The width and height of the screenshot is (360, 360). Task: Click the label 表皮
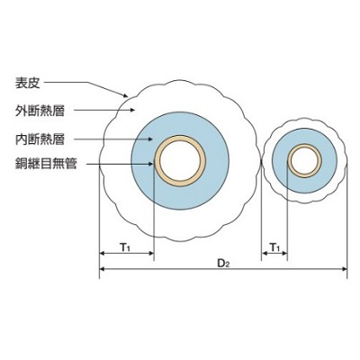click(x=28, y=83)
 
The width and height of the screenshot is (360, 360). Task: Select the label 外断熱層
click(x=40, y=111)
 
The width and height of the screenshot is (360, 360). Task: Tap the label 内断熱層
click(x=40, y=139)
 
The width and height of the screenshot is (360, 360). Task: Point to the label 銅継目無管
click(x=46, y=164)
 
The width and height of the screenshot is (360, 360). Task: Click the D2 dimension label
click(x=223, y=264)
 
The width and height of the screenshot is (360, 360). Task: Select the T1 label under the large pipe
click(x=125, y=247)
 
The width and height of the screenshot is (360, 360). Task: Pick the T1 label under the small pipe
click(x=274, y=247)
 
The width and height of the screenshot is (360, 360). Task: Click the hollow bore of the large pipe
click(x=180, y=161)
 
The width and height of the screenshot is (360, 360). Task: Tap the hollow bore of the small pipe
click(x=305, y=161)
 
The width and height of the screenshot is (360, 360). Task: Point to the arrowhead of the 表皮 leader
click(x=126, y=95)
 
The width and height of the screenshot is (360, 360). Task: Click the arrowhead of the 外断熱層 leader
click(x=132, y=110)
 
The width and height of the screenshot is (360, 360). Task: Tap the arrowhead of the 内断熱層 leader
click(x=151, y=139)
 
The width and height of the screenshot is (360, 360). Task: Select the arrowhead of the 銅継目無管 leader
click(x=152, y=164)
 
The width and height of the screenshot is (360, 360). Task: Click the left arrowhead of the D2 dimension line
click(x=102, y=269)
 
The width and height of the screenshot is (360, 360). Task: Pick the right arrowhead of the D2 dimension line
click(x=345, y=269)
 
